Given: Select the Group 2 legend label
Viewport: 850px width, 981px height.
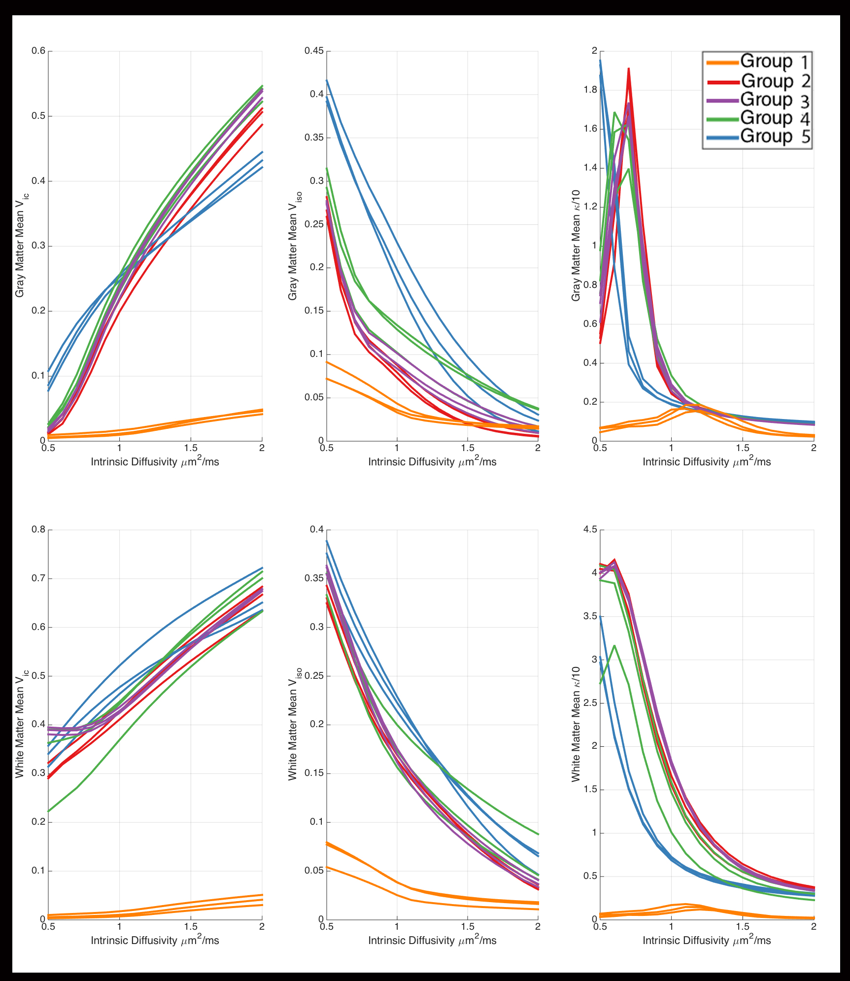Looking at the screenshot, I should (x=775, y=80).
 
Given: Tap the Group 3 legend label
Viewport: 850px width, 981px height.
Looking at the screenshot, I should (x=775, y=100).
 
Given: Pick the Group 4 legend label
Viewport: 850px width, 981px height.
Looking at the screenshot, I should (x=775, y=118).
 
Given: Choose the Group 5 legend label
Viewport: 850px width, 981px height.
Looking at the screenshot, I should (x=775, y=136).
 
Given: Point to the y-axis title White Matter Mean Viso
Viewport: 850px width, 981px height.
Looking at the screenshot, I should (x=294, y=724).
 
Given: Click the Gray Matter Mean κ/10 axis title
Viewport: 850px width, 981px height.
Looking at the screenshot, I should (x=576, y=245).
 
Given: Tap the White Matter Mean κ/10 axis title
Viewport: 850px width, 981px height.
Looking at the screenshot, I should (x=576, y=724).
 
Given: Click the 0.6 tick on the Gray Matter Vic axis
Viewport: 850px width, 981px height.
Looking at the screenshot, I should (x=38, y=51).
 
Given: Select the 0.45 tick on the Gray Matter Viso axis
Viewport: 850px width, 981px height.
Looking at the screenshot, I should (x=313, y=51).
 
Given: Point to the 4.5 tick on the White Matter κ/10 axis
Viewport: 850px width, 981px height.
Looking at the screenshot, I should (x=590, y=529).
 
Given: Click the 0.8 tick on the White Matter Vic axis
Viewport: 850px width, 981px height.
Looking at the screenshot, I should (x=38, y=529).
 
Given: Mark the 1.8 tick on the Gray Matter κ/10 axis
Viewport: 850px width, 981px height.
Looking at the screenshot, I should (x=590, y=90).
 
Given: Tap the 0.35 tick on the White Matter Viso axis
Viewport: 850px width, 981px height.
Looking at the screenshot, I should (x=313, y=578).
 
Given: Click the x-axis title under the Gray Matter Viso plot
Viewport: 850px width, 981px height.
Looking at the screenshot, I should (x=432, y=461).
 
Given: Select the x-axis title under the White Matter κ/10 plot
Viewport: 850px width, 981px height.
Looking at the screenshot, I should (x=707, y=940).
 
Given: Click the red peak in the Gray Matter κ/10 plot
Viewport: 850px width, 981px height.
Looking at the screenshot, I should (x=629, y=70).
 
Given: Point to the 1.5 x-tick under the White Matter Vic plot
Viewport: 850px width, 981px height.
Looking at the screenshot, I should (x=191, y=926).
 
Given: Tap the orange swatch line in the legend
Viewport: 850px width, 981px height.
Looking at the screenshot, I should (x=722, y=62).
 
